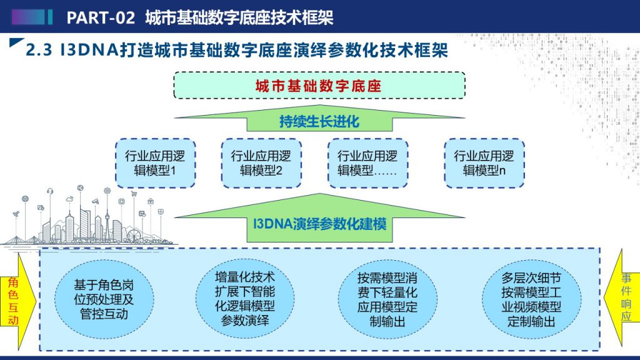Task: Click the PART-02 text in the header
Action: (101, 17)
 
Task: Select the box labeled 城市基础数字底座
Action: (319, 85)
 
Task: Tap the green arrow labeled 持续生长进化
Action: (319, 118)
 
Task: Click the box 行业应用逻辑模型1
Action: (155, 163)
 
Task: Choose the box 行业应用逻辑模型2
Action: (261, 163)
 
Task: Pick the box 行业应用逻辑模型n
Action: (484, 163)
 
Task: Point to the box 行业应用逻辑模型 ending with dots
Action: (367, 163)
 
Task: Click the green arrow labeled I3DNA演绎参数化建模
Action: (319, 218)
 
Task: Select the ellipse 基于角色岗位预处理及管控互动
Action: (104, 299)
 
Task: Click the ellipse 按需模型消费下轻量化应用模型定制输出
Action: (387, 299)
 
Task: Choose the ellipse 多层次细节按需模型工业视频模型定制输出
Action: (531, 299)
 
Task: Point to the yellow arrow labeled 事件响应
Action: (622, 298)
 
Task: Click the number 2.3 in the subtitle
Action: (39, 50)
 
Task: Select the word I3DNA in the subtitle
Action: (89, 50)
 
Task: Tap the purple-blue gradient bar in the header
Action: (27, 17)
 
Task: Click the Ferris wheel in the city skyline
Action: (134, 236)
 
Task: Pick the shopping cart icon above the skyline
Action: (134, 194)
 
